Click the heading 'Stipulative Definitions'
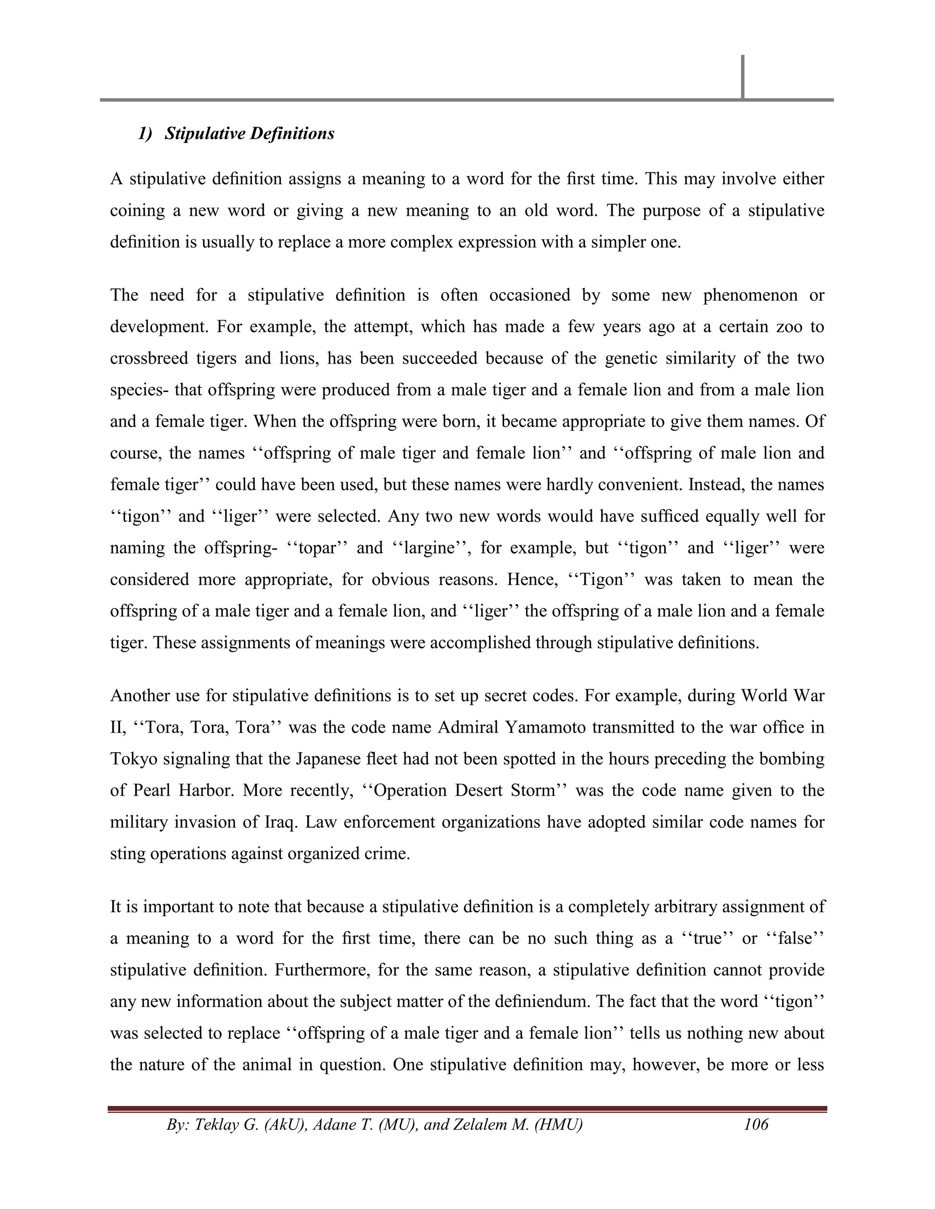pos(249,134)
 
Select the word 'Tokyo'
pos(132,758)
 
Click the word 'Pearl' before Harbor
pos(149,790)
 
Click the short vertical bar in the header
pos(742,77)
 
